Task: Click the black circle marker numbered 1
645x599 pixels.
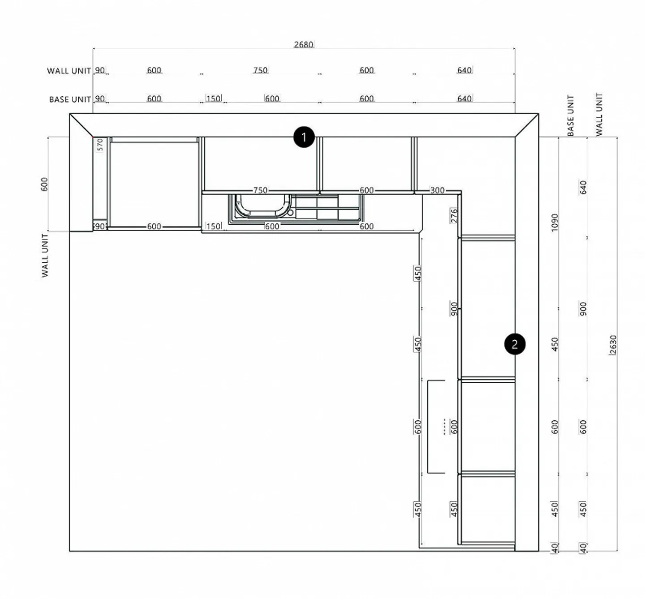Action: coord(304,137)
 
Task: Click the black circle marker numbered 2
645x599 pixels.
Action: coord(515,344)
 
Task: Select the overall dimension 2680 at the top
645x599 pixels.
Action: coord(303,44)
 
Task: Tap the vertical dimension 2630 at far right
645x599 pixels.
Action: coord(613,345)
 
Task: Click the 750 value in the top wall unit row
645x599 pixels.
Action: coord(260,70)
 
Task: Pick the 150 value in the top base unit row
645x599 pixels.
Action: coord(213,98)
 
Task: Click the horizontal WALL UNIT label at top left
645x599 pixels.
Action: coord(69,71)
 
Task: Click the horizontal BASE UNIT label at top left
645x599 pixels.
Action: coord(70,99)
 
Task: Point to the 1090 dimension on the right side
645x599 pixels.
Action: coord(555,222)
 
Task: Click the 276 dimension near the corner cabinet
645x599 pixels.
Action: coord(454,216)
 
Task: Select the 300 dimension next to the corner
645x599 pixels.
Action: coord(437,190)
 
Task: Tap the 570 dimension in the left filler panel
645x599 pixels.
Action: coord(100,145)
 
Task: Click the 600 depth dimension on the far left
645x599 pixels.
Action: coord(44,184)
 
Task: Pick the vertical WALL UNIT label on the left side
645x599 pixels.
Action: coord(45,255)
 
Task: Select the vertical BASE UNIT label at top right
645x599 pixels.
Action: coord(571,115)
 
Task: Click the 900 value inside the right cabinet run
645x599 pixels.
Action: coord(454,308)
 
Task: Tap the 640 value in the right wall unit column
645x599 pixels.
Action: coord(583,187)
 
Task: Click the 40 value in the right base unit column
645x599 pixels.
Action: coord(555,548)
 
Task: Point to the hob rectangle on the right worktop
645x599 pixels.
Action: coord(436,427)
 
